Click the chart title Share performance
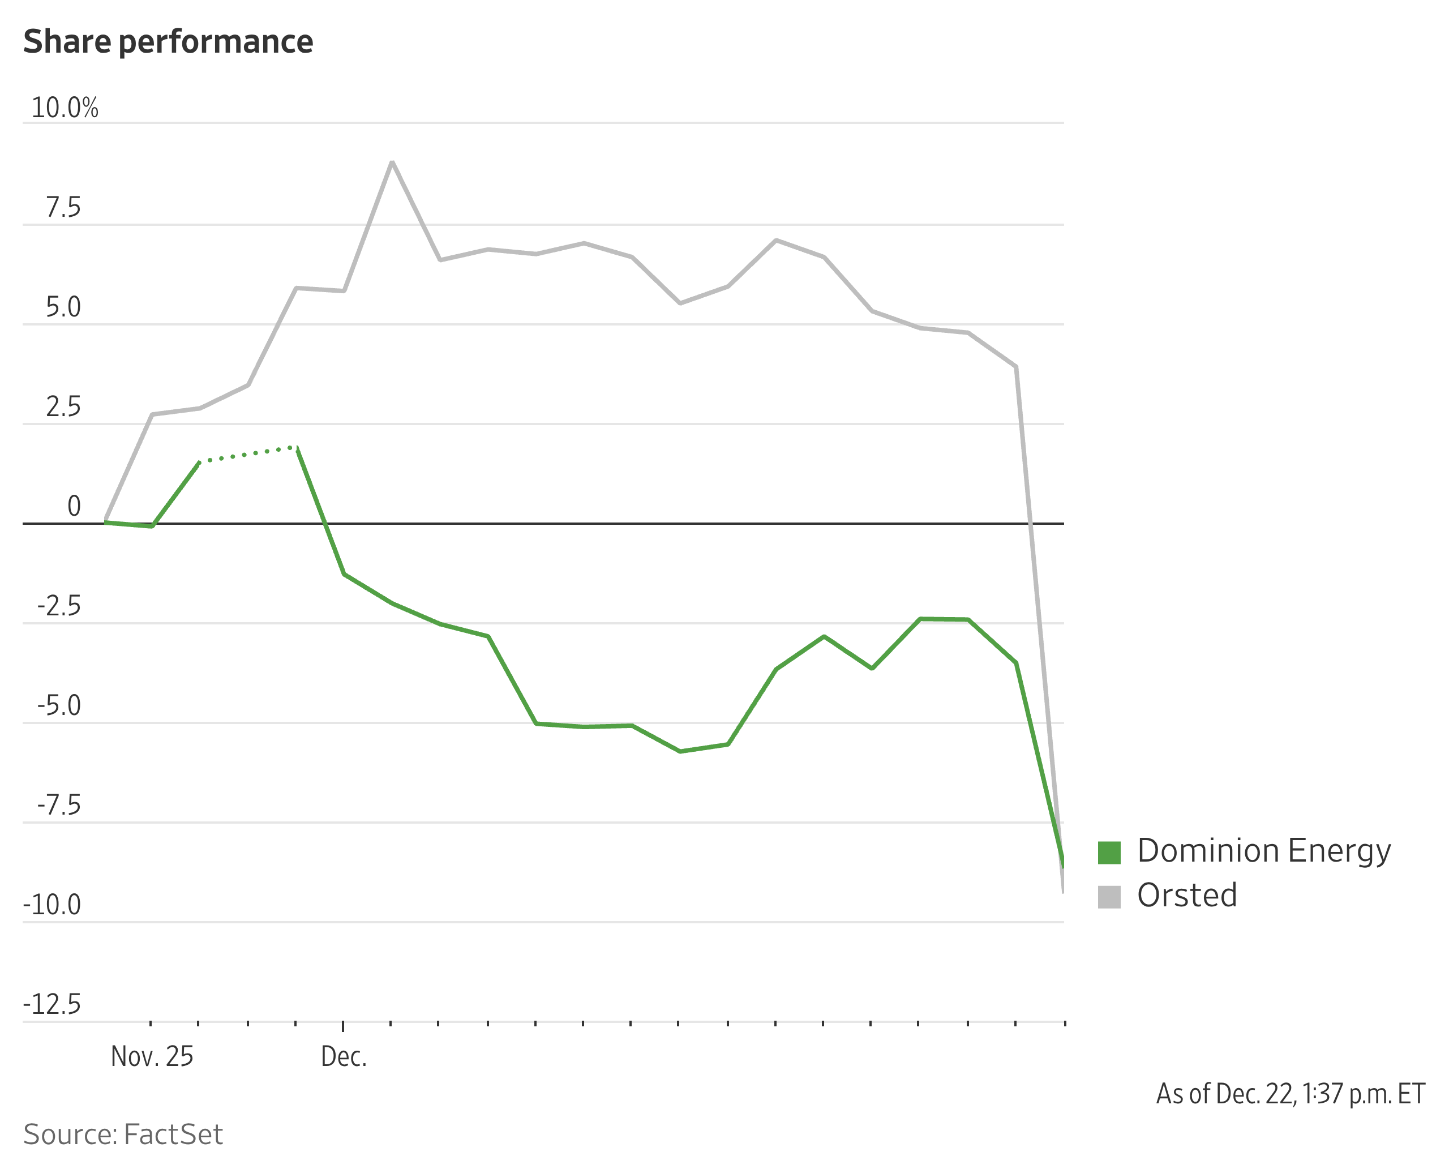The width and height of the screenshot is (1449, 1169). click(168, 42)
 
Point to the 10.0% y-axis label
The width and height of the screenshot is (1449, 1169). click(65, 108)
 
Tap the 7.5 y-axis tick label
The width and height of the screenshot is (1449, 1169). click(63, 208)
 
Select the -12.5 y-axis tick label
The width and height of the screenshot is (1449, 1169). click(52, 1004)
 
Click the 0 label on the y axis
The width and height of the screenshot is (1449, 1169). click(74, 507)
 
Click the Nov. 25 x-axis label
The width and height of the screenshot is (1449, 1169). click(152, 1056)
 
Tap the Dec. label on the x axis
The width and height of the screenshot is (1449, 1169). click(344, 1056)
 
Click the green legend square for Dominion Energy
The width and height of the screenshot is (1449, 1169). click(1109, 853)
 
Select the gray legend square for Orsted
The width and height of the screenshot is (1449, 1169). click(1109, 897)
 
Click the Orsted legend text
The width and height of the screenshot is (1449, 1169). click(1187, 896)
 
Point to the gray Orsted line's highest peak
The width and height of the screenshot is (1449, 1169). click(392, 162)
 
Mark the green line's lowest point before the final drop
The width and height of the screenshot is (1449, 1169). click(680, 751)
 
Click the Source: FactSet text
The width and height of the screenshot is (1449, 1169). click(123, 1134)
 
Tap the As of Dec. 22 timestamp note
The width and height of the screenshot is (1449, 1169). click(1290, 1094)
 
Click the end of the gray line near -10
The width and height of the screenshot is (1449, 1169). click(1062, 890)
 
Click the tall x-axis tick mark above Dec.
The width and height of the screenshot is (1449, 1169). click(344, 1026)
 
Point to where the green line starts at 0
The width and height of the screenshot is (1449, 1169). click(106, 522)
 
